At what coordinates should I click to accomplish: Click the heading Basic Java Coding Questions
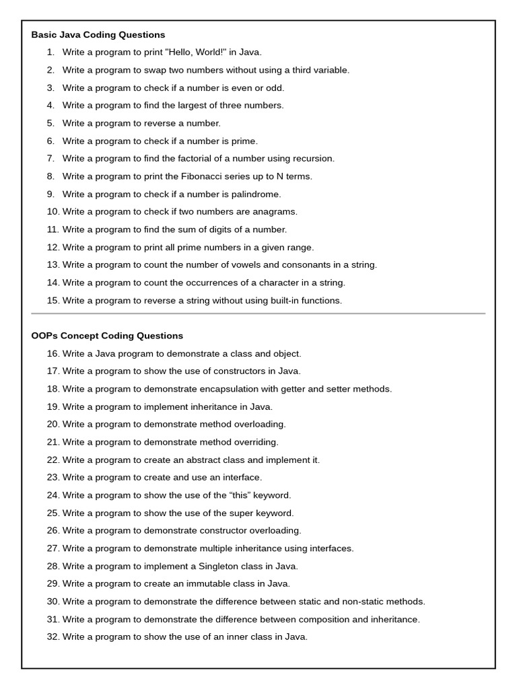[98, 34]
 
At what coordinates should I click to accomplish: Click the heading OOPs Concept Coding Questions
[107, 336]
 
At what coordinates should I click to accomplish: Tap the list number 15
[53, 300]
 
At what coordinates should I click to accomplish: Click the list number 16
[53, 353]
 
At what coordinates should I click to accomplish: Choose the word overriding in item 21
[256, 442]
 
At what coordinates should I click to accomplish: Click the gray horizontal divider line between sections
[258, 314]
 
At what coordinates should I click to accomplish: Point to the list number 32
[53, 637]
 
